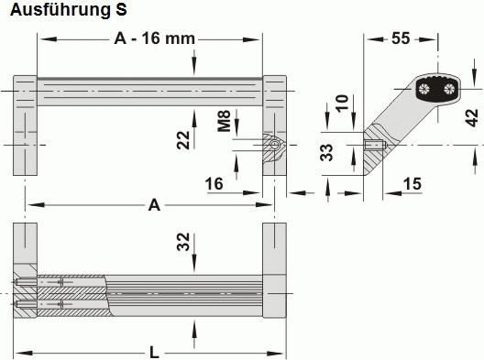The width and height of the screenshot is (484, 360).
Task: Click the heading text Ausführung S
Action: point(64,10)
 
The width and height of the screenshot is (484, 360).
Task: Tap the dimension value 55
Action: point(399,38)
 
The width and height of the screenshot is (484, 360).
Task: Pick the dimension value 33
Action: point(327,152)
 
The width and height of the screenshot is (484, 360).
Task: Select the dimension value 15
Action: point(412,185)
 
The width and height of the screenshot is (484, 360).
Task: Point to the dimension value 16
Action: point(214,185)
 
